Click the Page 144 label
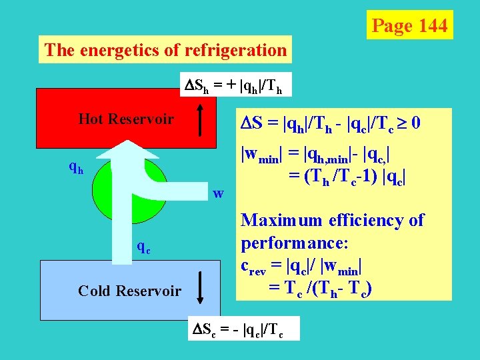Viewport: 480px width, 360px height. click(x=409, y=25)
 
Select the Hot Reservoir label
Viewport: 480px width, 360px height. click(x=126, y=119)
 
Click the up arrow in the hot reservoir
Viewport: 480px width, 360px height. click(x=201, y=120)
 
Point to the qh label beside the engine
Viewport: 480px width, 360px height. click(x=77, y=168)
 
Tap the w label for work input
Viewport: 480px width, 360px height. click(x=218, y=194)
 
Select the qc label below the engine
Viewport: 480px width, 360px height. click(x=143, y=246)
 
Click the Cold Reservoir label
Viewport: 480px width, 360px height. click(x=129, y=291)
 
